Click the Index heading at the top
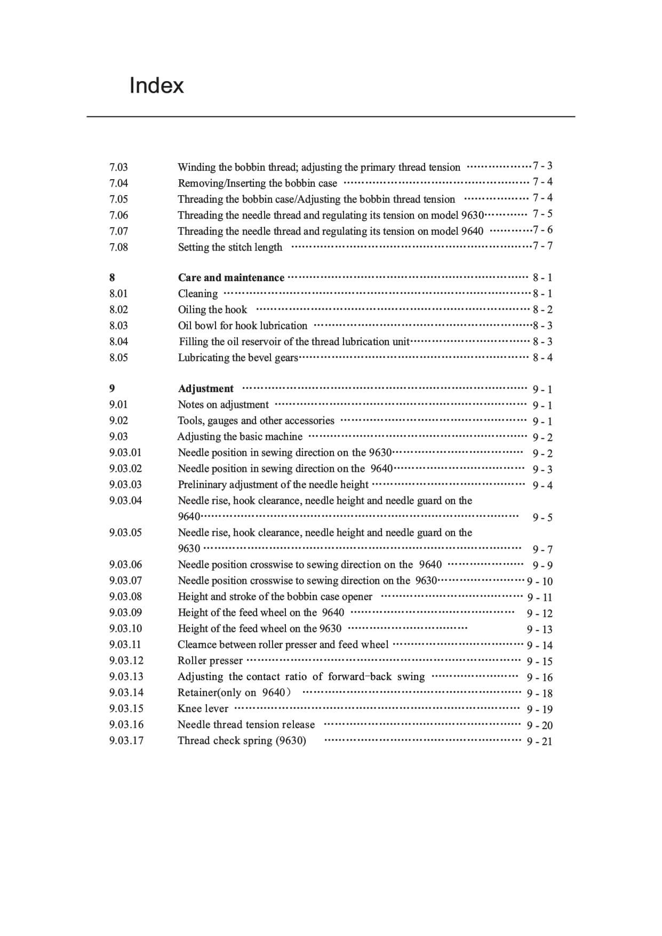(x=156, y=85)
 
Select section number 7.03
(x=118, y=167)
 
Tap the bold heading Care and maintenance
(x=231, y=277)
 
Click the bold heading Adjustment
(x=205, y=388)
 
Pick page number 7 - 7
(x=543, y=246)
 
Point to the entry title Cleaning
(x=197, y=293)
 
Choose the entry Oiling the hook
(x=212, y=309)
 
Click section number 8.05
(x=118, y=357)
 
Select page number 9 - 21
(x=539, y=741)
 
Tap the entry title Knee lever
(x=203, y=708)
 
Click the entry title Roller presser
(x=210, y=660)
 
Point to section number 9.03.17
(x=126, y=740)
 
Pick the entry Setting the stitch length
(x=230, y=247)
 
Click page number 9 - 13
(x=539, y=629)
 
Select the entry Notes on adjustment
(x=223, y=404)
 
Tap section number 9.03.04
(x=125, y=500)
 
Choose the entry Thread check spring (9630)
(x=242, y=740)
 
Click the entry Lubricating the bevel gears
(x=238, y=357)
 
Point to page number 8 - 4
(x=543, y=357)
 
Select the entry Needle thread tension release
(x=246, y=724)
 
